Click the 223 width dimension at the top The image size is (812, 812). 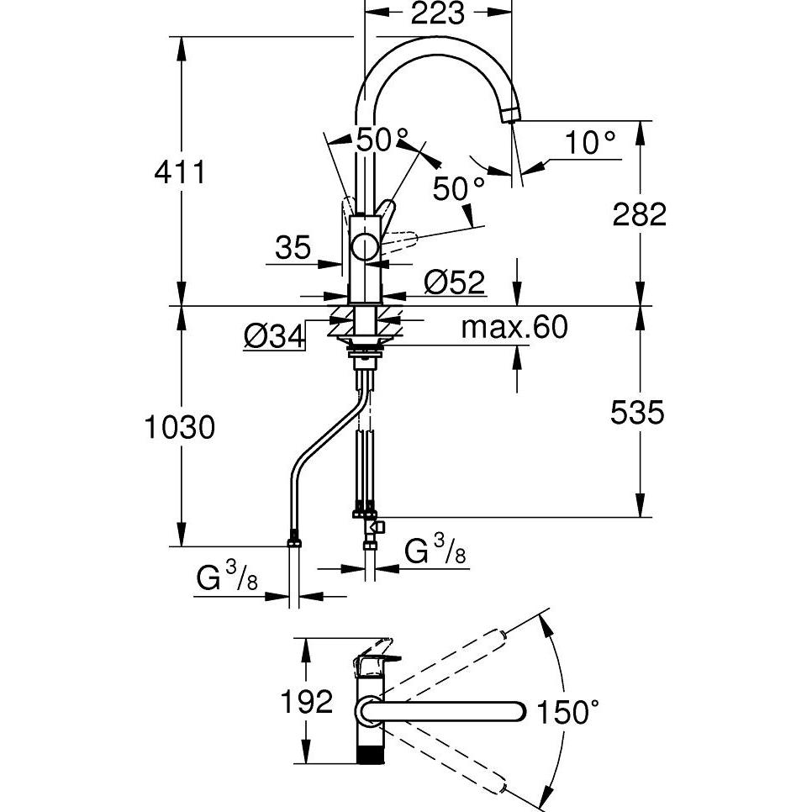pos(438,13)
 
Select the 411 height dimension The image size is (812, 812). pos(179,172)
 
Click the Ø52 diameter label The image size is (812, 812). pos(455,282)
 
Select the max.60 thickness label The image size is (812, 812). pos(514,327)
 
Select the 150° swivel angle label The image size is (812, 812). pos(570,713)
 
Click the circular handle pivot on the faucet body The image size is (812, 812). pos(365,247)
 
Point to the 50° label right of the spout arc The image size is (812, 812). pos(460,188)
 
